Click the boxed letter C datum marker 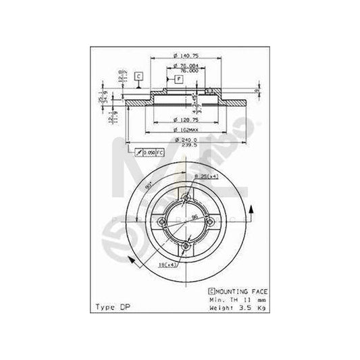[138, 76]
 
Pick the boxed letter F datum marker [179, 79]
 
